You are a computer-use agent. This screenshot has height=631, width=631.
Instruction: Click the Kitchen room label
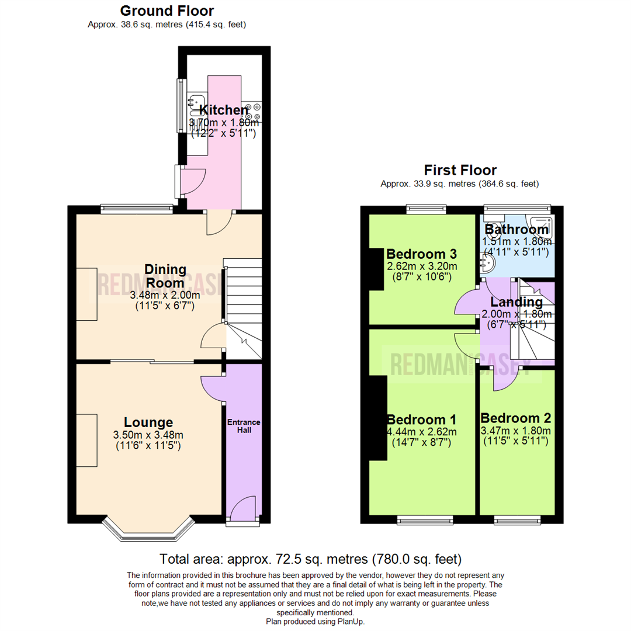224,110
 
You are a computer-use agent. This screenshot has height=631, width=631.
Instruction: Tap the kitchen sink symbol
195,103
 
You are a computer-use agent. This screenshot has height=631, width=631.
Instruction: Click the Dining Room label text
165,276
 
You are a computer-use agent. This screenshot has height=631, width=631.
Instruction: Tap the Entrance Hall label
244,426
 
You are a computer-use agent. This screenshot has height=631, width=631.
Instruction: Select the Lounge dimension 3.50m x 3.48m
148,435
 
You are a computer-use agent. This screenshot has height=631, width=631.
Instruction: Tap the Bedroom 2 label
515,418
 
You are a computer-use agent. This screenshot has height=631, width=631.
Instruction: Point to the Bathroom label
516,230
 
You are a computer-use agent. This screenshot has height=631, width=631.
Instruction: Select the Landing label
516,302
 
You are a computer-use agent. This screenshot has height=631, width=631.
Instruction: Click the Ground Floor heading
167,11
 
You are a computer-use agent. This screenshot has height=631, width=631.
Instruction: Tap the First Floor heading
460,170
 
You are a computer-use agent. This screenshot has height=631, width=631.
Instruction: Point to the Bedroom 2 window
515,519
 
